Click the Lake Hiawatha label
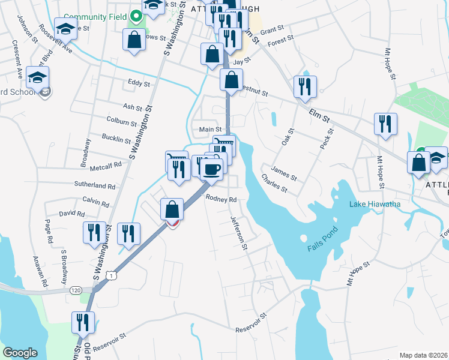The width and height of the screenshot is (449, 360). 375,205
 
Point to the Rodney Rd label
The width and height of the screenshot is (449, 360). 221,199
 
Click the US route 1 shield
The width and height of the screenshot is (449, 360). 109,275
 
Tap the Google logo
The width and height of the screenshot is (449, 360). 20,352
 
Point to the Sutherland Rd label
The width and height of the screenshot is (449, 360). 95,186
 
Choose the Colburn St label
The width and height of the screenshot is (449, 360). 121,122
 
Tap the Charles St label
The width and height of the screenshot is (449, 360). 273,184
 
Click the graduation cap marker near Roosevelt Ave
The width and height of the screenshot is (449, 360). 65,28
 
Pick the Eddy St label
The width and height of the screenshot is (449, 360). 139,83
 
